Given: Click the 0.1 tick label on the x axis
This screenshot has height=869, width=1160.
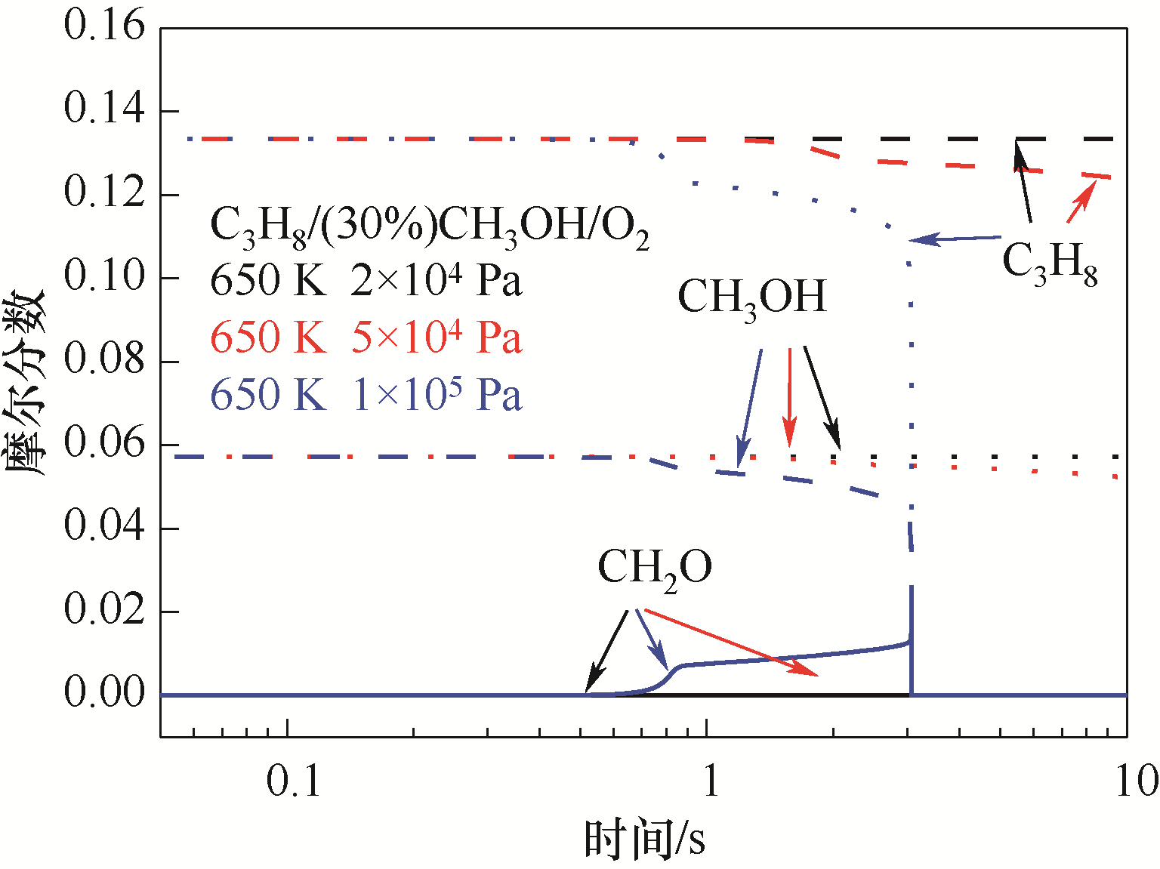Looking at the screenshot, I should [x=294, y=781].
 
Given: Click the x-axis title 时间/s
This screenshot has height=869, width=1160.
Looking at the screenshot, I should [x=646, y=839].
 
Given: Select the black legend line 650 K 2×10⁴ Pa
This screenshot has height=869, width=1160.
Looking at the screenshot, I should [x=366, y=281].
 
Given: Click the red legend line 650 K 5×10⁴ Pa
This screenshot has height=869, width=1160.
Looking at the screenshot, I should [x=366, y=337].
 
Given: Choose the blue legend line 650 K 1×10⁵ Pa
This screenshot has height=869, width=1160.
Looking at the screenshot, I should [x=366, y=395].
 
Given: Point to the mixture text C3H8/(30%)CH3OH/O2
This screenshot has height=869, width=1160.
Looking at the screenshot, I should [x=429, y=226].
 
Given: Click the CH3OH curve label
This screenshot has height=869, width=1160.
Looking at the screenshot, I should [x=752, y=297].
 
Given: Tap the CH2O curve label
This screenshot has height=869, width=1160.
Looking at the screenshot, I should [x=655, y=568].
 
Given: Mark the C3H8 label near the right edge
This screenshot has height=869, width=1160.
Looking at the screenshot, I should [x=1050, y=262].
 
